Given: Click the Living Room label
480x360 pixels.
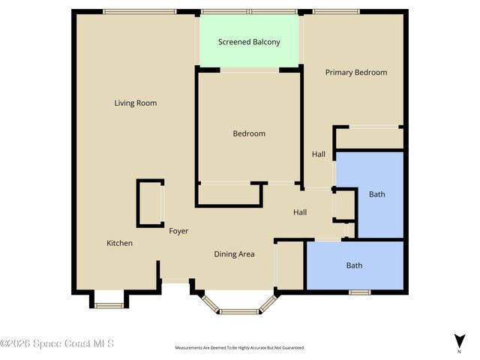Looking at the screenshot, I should tap(135, 103).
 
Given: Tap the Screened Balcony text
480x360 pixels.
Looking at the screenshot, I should tap(249, 42).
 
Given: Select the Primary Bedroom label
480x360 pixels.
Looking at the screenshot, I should tap(355, 73).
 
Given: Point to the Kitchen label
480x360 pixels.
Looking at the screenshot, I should tap(119, 243).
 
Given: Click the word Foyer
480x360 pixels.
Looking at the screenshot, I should tap(178, 231).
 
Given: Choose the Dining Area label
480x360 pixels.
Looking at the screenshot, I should tap(235, 254).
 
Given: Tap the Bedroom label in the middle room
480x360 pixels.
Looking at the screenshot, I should tap(248, 133).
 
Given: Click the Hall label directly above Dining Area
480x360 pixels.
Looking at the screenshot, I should tap(300, 213).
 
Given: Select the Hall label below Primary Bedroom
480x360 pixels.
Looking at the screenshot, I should tap(319, 154).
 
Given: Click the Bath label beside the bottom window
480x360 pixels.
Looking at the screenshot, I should tap(354, 265).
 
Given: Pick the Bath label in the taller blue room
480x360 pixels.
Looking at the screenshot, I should tap(376, 194).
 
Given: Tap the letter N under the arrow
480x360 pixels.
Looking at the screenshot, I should tap(459, 351).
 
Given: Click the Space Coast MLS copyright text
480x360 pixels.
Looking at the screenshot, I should tap(58, 343).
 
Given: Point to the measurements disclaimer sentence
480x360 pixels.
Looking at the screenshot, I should tap(239, 348).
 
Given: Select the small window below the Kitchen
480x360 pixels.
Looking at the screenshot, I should tap(109, 304).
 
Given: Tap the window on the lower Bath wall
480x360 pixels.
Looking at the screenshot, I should tap(359, 292).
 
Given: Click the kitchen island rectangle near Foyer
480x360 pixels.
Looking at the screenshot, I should tap(150, 203).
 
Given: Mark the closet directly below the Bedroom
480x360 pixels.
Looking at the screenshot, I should tap(229, 194).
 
